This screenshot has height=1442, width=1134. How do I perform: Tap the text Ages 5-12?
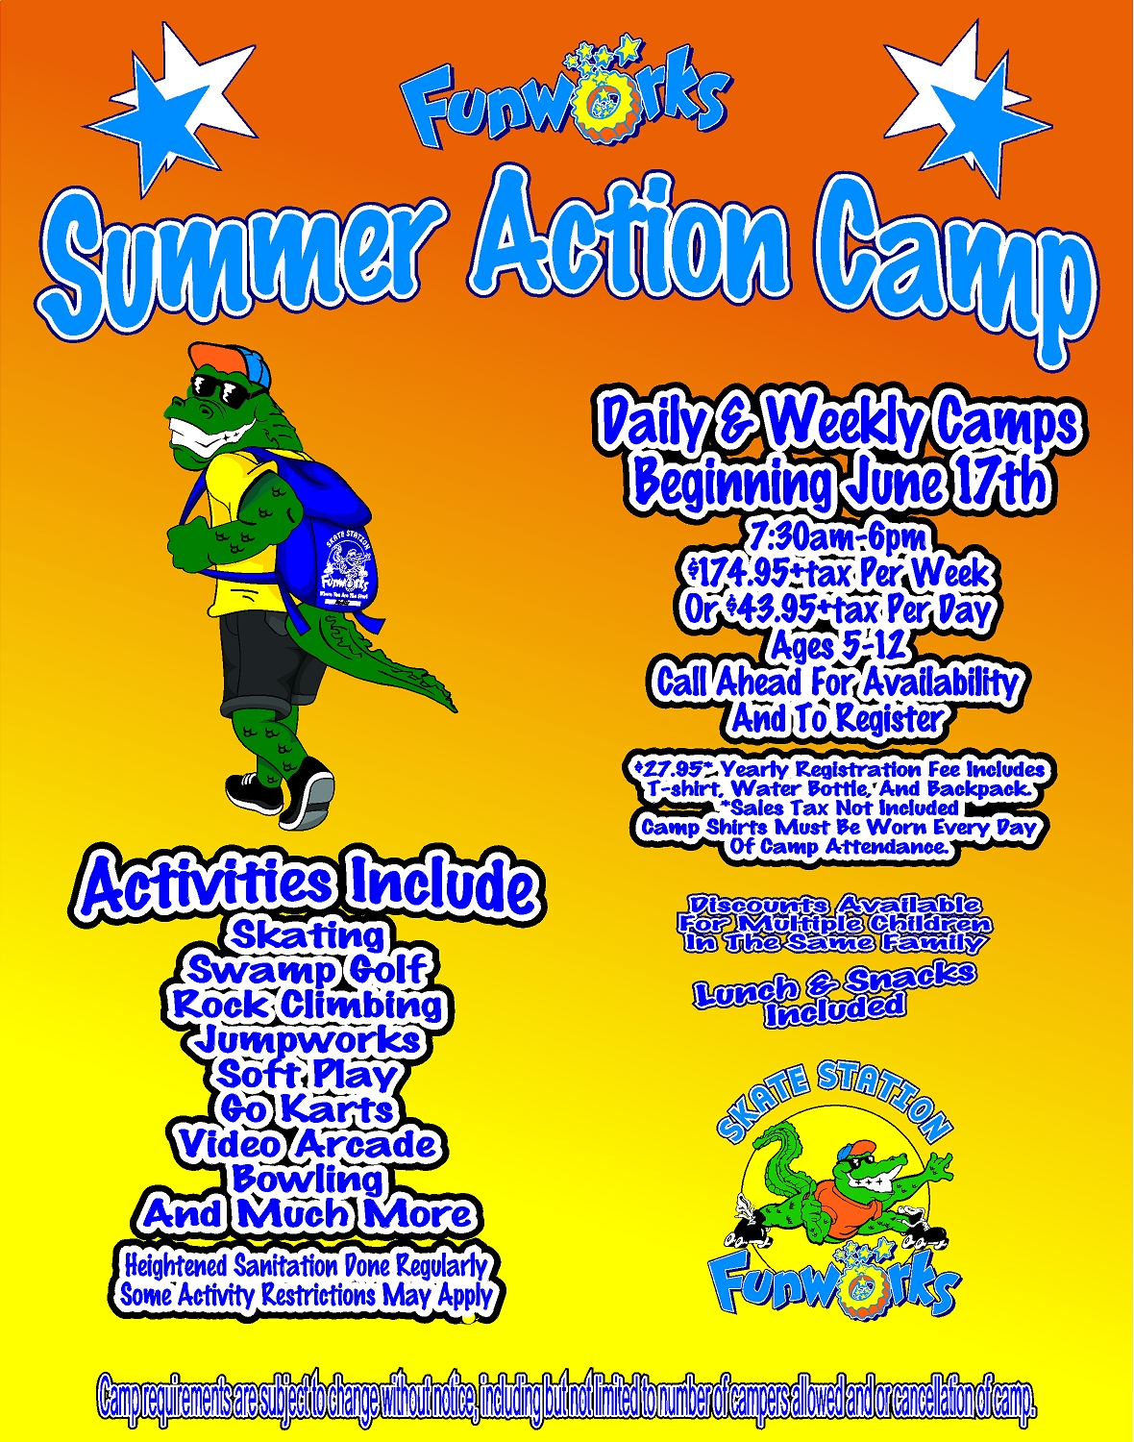tap(837, 646)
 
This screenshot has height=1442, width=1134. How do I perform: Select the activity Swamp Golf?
tap(308, 969)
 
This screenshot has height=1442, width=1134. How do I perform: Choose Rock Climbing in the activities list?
tap(308, 1005)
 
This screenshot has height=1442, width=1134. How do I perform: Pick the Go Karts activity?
tap(308, 1109)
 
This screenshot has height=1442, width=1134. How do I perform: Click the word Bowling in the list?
tap(308, 1179)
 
